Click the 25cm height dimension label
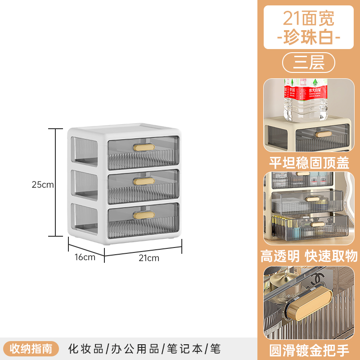(x=43, y=184)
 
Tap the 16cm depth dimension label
(x=85, y=257)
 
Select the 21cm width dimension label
(x=149, y=258)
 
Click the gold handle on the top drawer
(x=143, y=147)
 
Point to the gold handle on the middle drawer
(x=143, y=181)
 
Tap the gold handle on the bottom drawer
(x=143, y=215)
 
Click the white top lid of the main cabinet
(x=124, y=129)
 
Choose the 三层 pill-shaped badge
(x=309, y=63)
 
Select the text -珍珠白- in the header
(x=309, y=36)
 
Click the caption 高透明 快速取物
(x=309, y=256)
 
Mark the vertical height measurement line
(x=56, y=182)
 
